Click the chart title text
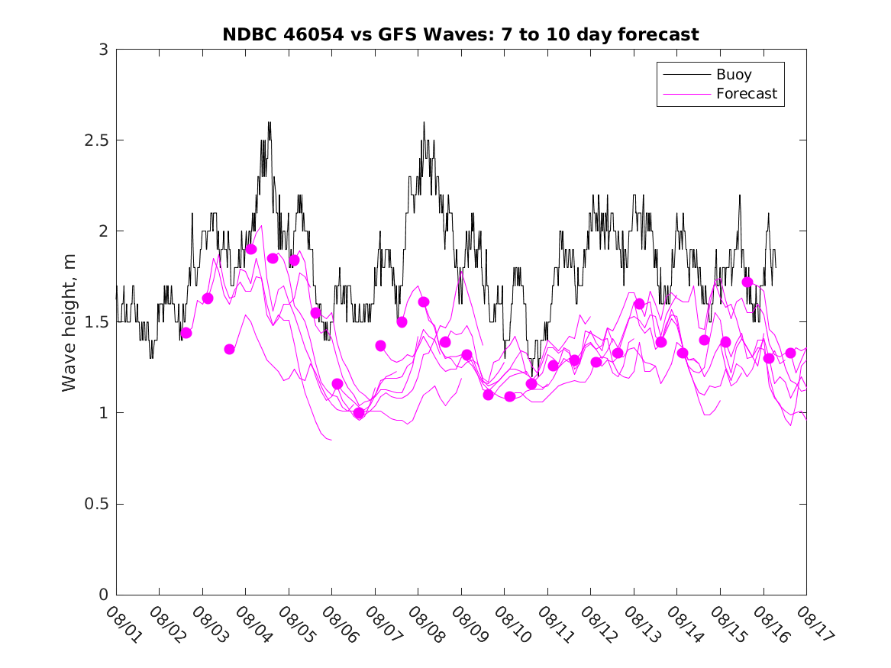click(460, 34)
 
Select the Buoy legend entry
click(734, 75)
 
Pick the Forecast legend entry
click(746, 94)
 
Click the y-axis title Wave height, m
click(69, 322)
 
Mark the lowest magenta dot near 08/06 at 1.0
click(359, 413)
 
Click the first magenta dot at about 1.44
click(186, 333)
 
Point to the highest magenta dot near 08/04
click(250, 249)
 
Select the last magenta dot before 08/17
click(790, 353)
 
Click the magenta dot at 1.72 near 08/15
click(747, 282)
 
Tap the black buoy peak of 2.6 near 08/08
click(424, 122)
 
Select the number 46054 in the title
click(297, 34)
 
